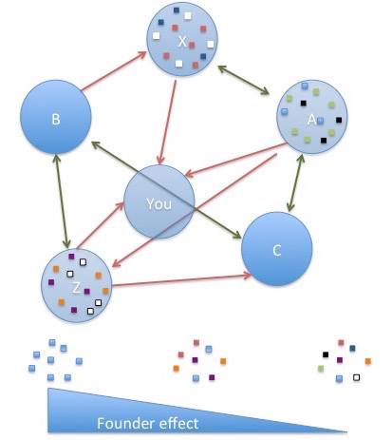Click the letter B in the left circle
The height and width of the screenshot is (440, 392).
(x=56, y=120)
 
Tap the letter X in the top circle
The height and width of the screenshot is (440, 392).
(x=182, y=41)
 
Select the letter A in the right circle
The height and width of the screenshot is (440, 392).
(x=311, y=120)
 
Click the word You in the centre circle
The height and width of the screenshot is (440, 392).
(x=159, y=203)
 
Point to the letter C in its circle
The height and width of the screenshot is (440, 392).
(x=277, y=251)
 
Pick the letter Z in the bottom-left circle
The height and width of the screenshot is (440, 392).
(x=76, y=288)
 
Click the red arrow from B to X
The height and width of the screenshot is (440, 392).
(x=114, y=71)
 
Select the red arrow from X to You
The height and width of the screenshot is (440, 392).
(x=168, y=122)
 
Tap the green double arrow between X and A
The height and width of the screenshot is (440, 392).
(x=244, y=80)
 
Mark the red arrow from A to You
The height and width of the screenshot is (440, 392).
(x=235, y=160)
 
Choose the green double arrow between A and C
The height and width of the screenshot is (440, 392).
(x=295, y=182)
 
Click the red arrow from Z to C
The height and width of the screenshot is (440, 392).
(x=182, y=280)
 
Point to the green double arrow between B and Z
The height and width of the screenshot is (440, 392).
(x=62, y=201)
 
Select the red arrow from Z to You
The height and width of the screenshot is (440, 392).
(x=101, y=225)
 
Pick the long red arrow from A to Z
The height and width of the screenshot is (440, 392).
(x=195, y=211)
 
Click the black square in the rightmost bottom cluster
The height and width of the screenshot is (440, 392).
(x=326, y=354)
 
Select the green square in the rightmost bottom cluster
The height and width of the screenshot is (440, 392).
(x=321, y=369)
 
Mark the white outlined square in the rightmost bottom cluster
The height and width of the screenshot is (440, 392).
(x=357, y=377)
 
